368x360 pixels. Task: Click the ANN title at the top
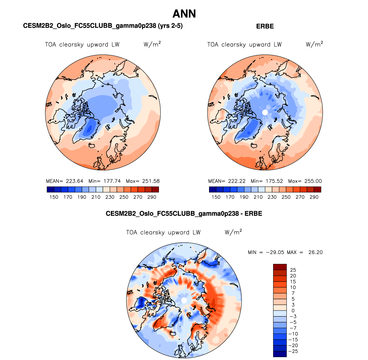[x=184, y=14]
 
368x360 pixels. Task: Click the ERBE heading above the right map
[x=265, y=26]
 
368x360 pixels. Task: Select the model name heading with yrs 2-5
[x=103, y=26]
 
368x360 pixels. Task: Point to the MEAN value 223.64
[x=74, y=181]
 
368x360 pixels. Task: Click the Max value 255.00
[x=313, y=181]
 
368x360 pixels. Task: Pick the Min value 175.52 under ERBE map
[x=274, y=181]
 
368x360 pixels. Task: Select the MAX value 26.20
[x=315, y=252]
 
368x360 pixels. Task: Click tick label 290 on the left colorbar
[x=152, y=197]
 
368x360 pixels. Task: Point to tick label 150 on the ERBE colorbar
[x=216, y=197]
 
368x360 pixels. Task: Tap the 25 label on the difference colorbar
[x=293, y=270]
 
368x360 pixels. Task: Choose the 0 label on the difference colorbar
[x=293, y=311]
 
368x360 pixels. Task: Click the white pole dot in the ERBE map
[x=265, y=113]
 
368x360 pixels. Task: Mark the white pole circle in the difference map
[x=184, y=300]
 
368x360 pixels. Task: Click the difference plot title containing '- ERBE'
[x=184, y=214]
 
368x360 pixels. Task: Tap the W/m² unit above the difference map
[x=233, y=232]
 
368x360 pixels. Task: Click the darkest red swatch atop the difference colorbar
[x=280, y=267]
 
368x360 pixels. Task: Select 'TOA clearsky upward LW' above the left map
[x=82, y=45]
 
